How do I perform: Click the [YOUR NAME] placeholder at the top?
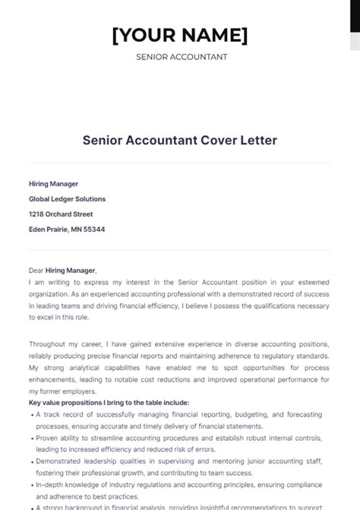tap(180, 35)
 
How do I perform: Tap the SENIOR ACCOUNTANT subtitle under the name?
tap(180, 57)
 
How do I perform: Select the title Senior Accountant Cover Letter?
tap(180, 141)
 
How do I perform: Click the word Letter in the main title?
tap(257, 141)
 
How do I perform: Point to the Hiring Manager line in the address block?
tap(53, 184)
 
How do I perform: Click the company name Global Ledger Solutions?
tap(67, 199)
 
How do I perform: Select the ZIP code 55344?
tap(93, 230)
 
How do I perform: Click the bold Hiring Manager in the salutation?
tap(71, 270)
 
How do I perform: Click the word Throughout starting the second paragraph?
tap(48, 344)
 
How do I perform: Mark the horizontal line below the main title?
tap(180, 163)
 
